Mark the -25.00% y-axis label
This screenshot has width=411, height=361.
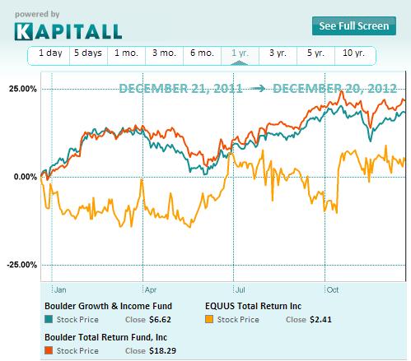[x=18, y=265]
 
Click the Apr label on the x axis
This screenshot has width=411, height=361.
[x=149, y=290]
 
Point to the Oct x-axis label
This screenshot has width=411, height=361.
[x=334, y=290]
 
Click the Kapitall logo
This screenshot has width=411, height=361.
[x=68, y=31]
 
